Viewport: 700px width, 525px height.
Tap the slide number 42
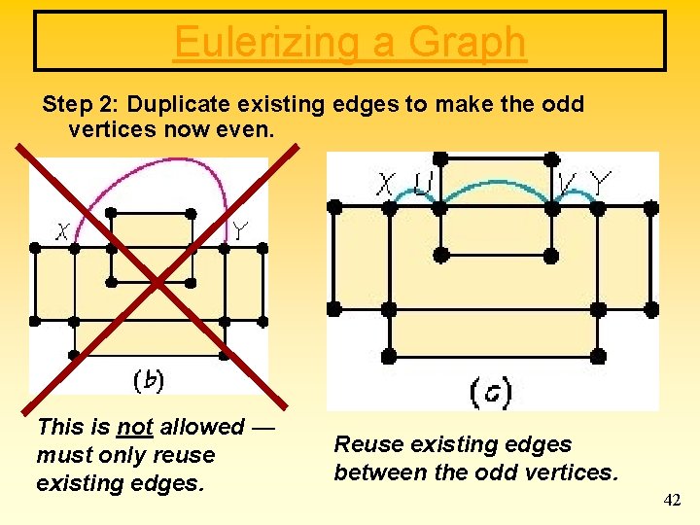coord(672,500)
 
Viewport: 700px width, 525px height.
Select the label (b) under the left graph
coord(148,380)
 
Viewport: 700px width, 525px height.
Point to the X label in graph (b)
coord(63,231)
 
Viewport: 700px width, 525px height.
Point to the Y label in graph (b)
coord(239,230)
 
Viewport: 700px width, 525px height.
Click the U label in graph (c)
coord(423,183)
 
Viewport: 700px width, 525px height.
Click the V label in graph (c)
coord(567,182)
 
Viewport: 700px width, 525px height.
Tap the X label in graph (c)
coord(387,183)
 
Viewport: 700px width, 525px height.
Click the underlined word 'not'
coord(134,427)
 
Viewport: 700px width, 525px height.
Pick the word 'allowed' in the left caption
coord(204,427)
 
